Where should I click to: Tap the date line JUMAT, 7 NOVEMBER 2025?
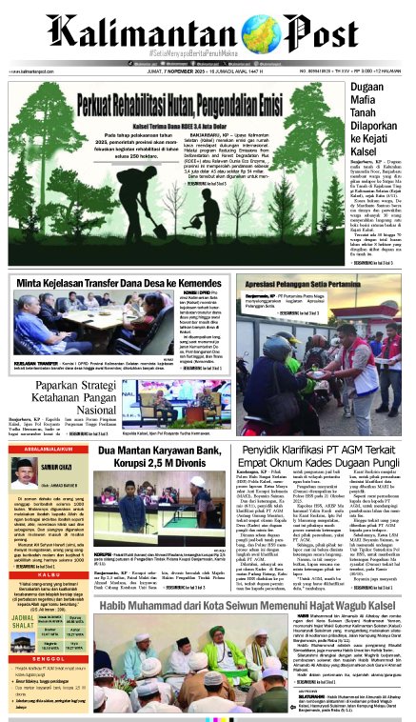coord(189,71)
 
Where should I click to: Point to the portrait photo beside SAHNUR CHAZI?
coord(25,470)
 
